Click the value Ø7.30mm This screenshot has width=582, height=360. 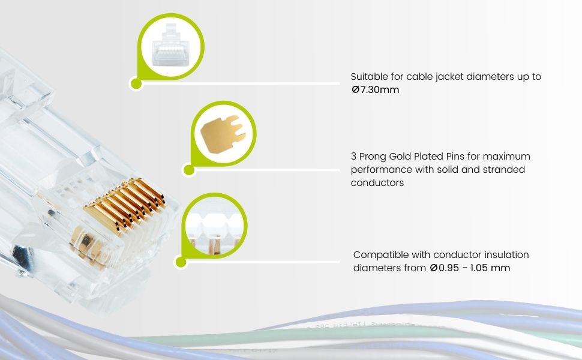[x=375, y=90]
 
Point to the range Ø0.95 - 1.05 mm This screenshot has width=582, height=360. [x=470, y=268]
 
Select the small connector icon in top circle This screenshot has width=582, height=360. [x=171, y=45]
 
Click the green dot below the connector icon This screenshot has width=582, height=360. [x=136, y=83]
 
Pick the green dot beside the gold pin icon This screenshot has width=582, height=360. [x=188, y=170]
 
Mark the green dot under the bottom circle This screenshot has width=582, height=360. [x=180, y=262]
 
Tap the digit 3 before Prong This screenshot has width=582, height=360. [x=353, y=156]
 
